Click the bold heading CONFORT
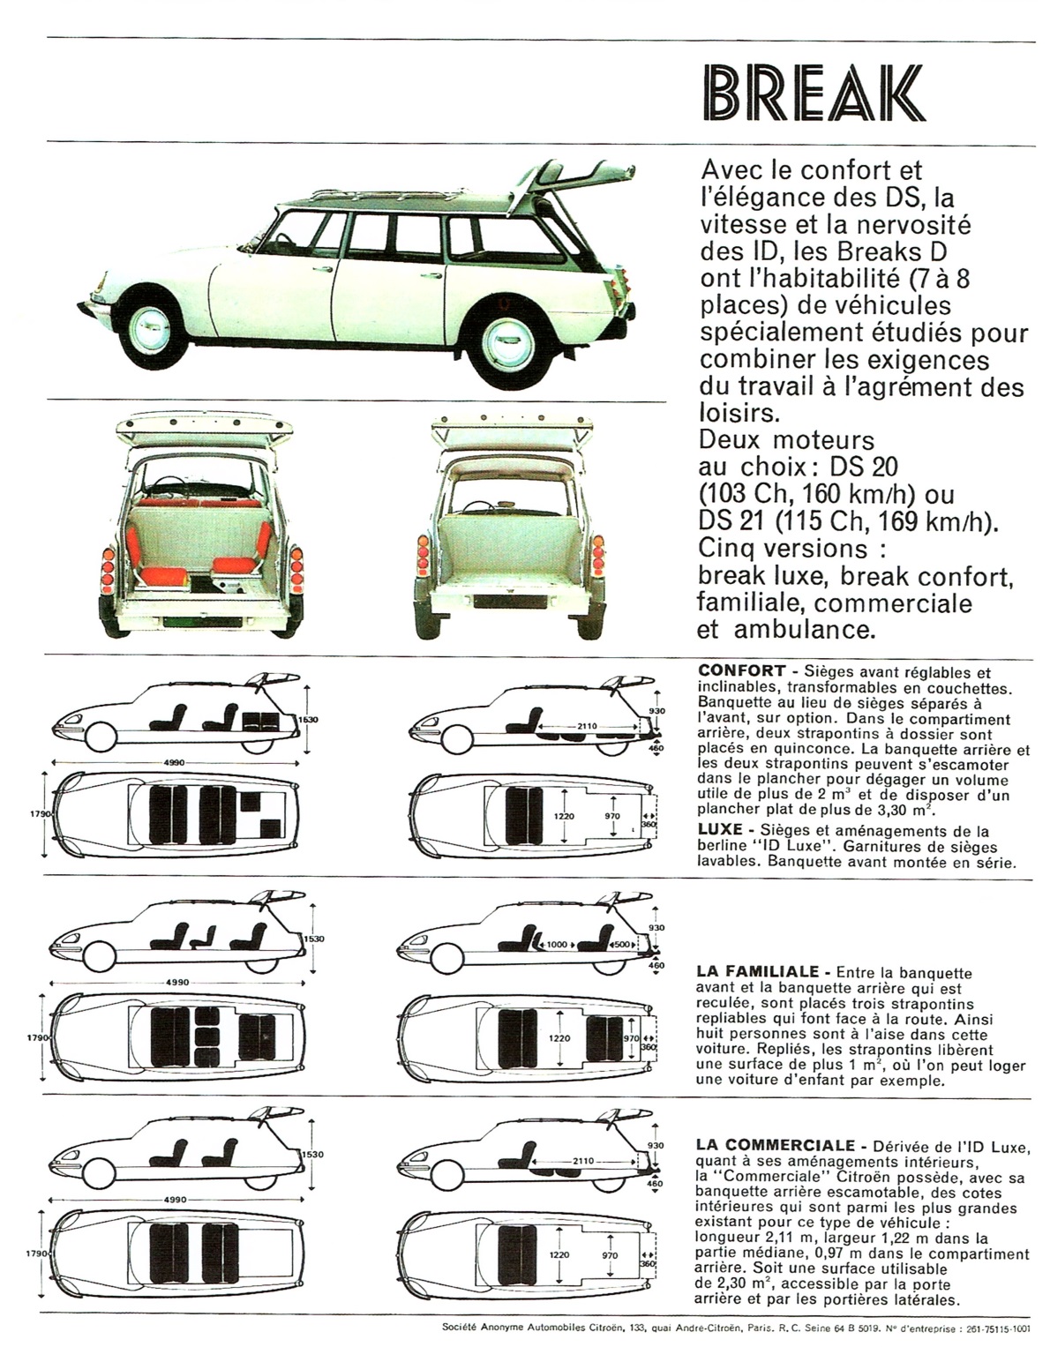point(741,670)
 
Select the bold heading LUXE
point(720,829)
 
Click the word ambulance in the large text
point(804,629)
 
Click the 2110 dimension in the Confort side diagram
point(587,726)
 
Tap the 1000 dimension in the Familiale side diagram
point(558,944)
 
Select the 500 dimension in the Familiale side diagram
point(621,944)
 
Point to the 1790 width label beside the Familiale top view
point(39,1036)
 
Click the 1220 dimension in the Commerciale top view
point(559,1254)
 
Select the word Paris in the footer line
point(759,1328)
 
